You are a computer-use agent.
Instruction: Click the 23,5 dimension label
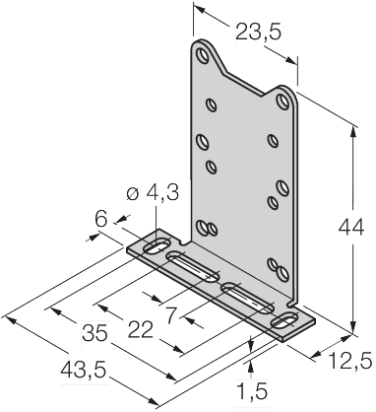tap(259, 33)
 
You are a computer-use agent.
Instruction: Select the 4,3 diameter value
tap(162, 194)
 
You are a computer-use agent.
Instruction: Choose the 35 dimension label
tap(94, 332)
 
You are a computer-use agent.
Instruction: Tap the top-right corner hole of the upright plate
tap(283, 101)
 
